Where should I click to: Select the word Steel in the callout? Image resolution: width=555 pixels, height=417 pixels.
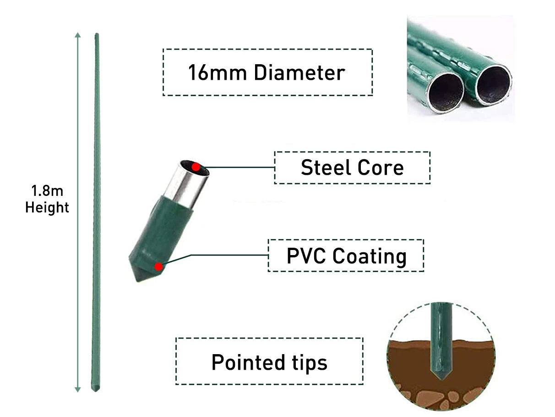(325, 168)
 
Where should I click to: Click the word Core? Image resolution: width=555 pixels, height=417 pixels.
(381, 168)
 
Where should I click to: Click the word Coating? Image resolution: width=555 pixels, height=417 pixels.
(370, 256)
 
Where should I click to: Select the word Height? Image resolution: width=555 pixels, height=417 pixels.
(47, 207)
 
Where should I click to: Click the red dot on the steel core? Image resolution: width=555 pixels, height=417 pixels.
(196, 167)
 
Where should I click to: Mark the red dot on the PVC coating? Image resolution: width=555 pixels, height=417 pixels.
(158, 267)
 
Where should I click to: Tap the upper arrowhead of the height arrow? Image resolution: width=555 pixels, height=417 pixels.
(78, 35)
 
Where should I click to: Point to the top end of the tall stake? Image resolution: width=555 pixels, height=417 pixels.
(97, 35)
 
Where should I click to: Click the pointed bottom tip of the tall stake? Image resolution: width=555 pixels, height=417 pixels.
(96, 390)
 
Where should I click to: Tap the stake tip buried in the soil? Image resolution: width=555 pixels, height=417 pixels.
(440, 374)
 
